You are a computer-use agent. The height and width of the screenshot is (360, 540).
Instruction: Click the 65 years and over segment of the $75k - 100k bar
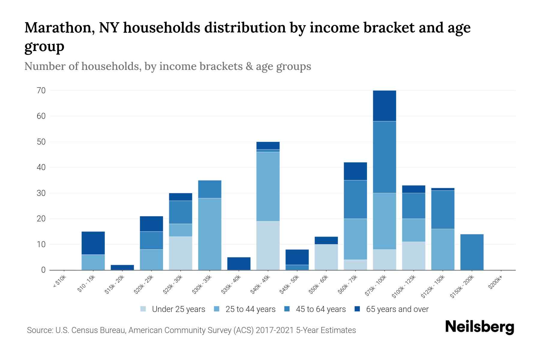click(384, 106)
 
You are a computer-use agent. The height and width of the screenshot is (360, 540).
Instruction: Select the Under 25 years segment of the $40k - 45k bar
click(268, 245)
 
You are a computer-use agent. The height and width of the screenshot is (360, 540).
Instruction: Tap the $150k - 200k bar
click(472, 252)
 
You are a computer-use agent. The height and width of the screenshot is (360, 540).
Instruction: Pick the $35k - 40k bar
click(239, 263)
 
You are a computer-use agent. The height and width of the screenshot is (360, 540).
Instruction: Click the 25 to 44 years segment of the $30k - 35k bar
click(210, 234)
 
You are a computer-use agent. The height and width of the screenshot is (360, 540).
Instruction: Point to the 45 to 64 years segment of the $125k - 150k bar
click(443, 209)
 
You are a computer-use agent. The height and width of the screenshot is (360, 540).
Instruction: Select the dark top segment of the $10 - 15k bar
click(93, 243)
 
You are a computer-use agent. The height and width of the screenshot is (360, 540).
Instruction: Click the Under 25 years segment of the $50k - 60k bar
click(326, 257)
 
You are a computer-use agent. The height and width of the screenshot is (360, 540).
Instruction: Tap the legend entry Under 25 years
click(178, 309)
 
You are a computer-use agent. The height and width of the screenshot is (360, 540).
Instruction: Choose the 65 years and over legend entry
click(397, 309)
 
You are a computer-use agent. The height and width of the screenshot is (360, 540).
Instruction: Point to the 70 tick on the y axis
click(41, 91)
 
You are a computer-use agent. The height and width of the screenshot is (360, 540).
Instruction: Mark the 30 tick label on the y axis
click(41, 193)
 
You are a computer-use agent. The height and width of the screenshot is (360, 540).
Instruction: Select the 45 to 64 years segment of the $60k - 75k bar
click(355, 199)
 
